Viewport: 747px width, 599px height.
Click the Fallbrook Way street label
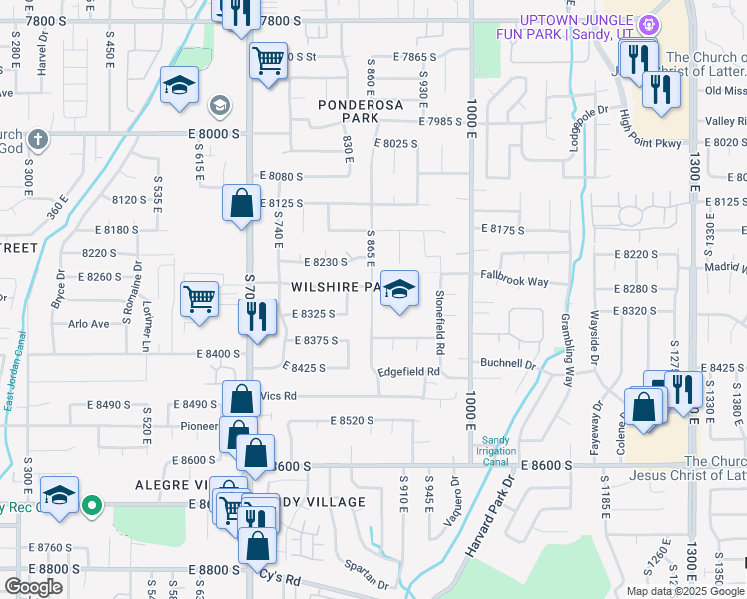pos(514,282)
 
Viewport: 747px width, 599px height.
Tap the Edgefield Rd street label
pos(408,372)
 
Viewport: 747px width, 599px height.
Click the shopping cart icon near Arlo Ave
pos(199,298)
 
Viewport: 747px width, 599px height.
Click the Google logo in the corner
pos(34,587)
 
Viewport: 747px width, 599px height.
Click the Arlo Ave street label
pos(88,324)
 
